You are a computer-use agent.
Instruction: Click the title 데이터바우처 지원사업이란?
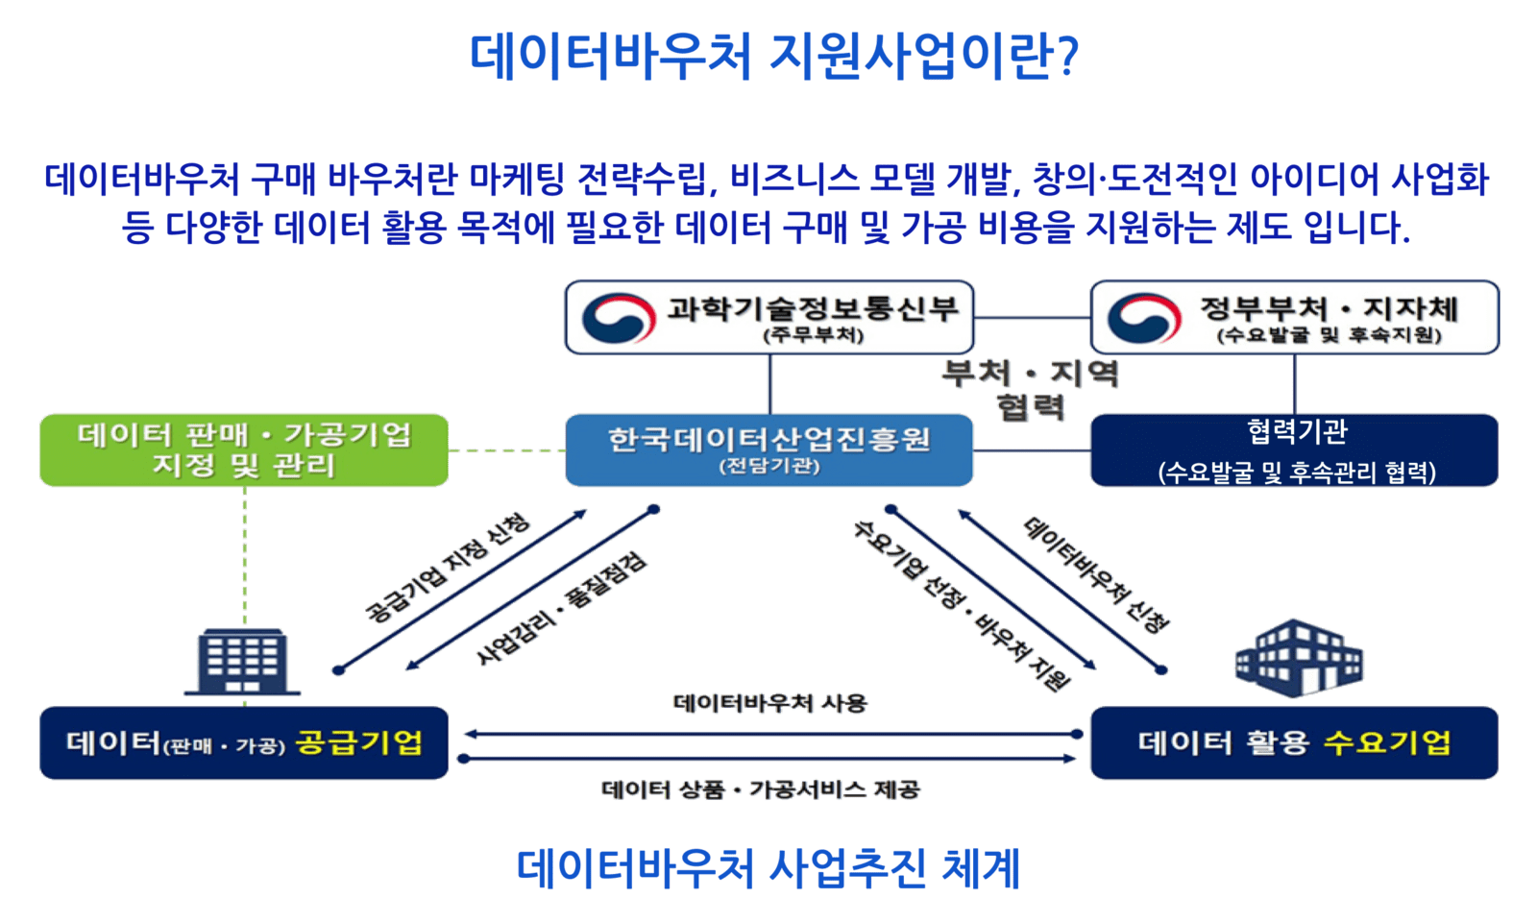click(774, 55)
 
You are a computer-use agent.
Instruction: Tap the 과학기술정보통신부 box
click(769, 317)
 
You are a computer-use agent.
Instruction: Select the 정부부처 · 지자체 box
click(1295, 317)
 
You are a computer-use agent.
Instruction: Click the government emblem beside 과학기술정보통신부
click(619, 318)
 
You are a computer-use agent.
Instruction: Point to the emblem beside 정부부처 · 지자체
click(1144, 318)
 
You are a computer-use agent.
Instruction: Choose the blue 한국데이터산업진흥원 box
click(769, 450)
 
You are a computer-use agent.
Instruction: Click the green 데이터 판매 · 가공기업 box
click(244, 450)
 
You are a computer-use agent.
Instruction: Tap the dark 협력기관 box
click(1295, 450)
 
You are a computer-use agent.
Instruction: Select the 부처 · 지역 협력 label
click(1031, 390)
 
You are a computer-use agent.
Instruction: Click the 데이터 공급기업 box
click(244, 743)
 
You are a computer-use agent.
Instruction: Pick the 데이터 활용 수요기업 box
click(1295, 743)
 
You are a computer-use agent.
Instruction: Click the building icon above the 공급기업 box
click(242, 662)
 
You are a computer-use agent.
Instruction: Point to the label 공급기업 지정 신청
click(448, 568)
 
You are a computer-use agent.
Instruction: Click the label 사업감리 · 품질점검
click(561, 608)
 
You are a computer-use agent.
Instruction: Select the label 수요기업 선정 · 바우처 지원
click(962, 604)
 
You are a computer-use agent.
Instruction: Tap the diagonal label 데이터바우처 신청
click(1096, 575)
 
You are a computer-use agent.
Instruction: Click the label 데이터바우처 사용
click(769, 703)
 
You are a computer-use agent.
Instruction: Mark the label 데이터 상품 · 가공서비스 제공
click(760, 789)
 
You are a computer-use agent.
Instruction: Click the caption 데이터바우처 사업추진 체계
click(768, 868)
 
